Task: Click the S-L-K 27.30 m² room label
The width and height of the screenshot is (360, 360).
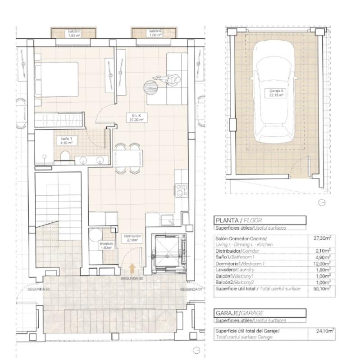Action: click(136, 118)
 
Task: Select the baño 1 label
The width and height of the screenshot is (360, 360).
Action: click(67, 141)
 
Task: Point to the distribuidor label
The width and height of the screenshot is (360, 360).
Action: click(132, 238)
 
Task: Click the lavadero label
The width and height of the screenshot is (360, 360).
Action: click(106, 245)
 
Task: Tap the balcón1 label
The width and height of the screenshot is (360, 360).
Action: click(74, 33)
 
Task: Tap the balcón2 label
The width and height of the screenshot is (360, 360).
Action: click(155, 33)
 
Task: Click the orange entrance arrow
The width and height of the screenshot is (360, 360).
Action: click(132, 269)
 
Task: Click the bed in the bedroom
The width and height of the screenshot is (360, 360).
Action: click(56, 79)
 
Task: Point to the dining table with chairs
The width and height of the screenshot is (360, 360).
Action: click(128, 158)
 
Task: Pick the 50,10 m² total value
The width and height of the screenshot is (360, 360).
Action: click(323, 289)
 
